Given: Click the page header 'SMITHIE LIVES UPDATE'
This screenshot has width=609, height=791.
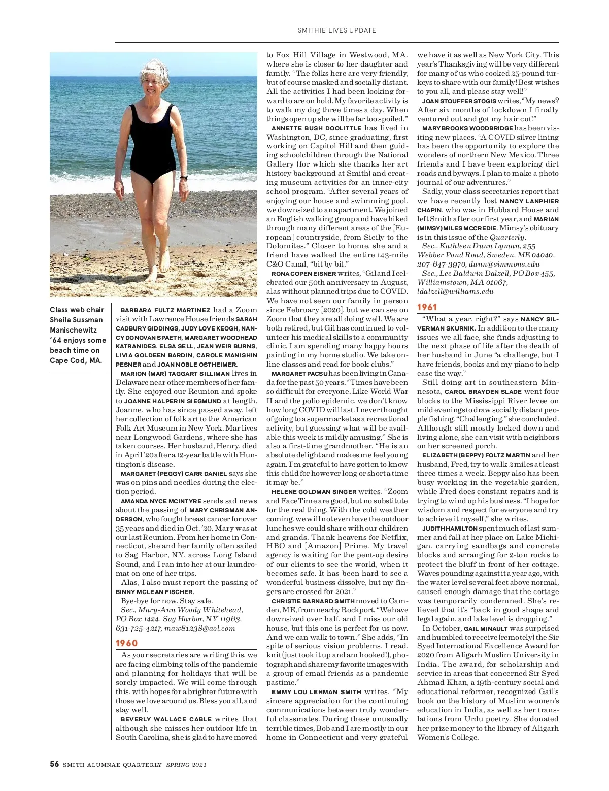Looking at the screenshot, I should [x=336, y=30].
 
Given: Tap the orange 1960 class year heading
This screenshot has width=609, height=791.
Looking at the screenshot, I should [x=127, y=643].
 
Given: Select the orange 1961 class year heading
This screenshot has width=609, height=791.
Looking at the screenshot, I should [x=427, y=307].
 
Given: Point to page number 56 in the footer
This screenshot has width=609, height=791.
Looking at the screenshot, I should [x=54, y=764].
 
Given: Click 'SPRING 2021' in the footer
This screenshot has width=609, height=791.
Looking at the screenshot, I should [x=186, y=765].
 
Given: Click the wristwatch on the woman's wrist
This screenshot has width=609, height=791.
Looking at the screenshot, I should [x=184, y=178].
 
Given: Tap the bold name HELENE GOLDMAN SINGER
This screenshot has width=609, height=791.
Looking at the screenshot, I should [x=314, y=492].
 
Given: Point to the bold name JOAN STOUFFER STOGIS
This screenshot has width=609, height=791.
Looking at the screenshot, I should [x=459, y=101].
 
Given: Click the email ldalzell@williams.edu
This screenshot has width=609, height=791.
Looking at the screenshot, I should [x=455, y=291].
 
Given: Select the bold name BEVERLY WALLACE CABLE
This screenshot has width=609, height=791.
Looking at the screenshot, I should [x=166, y=719].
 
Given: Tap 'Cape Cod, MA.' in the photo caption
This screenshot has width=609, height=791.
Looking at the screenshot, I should [x=76, y=360].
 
